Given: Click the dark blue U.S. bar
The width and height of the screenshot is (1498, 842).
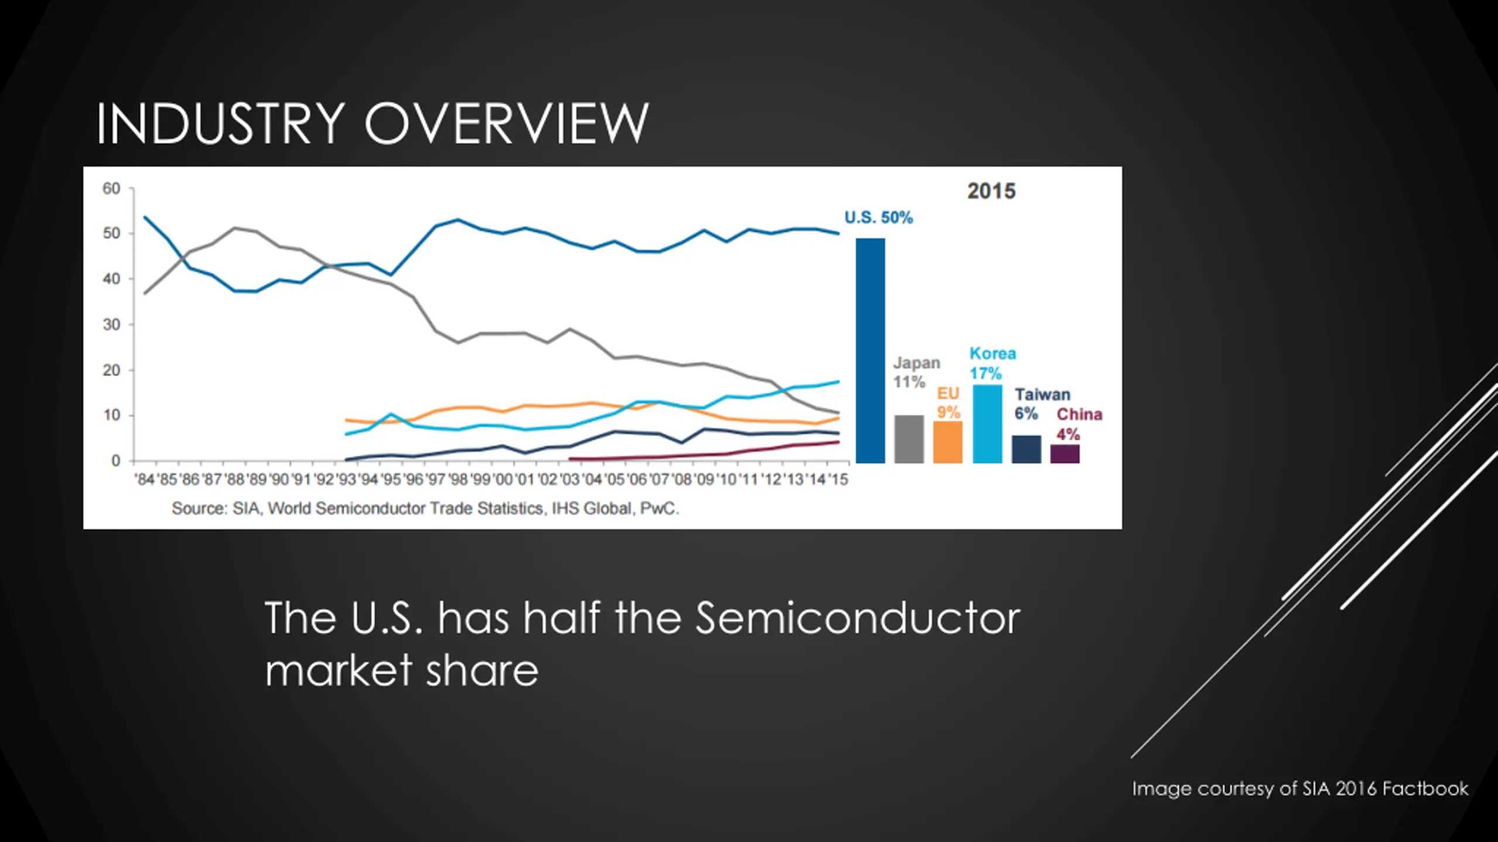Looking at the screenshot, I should point(870,351).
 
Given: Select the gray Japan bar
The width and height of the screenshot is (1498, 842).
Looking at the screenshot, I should point(909,439).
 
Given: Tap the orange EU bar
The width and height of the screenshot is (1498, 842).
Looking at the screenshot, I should point(947,442).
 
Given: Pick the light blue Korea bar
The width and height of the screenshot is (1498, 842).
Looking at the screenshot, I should point(987,424).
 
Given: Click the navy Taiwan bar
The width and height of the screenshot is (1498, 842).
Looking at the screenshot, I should point(1026,449).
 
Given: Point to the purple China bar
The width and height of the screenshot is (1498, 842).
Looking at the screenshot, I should point(1065,454).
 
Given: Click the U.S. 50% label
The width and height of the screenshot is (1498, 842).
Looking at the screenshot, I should point(878,218).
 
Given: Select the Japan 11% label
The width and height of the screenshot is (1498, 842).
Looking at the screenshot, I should point(916,372).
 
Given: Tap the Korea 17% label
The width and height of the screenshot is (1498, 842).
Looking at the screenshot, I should point(992,363).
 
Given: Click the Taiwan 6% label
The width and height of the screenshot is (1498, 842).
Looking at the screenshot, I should point(1042,404).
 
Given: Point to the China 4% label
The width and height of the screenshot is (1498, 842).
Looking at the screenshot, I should point(1079,424).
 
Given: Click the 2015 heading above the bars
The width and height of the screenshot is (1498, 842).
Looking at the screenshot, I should point(991,191).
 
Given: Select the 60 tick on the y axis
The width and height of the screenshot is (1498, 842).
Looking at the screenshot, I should point(111,188).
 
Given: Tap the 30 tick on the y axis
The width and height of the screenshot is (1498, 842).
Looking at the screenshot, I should point(111,325).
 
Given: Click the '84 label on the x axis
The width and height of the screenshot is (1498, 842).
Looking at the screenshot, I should point(145,479).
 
